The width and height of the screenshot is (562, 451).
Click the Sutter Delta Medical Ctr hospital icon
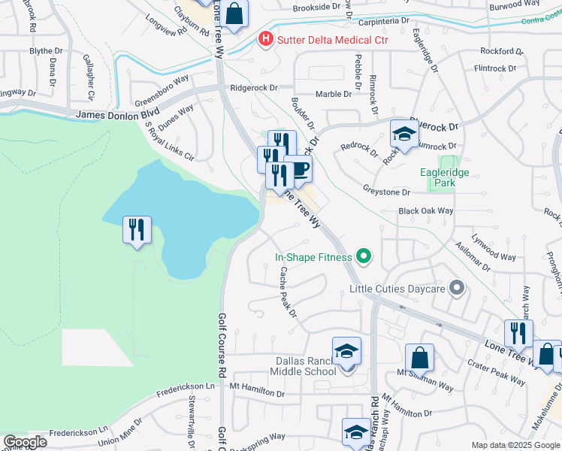pos(265,39)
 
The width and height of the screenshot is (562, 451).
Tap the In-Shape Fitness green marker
pos(364,258)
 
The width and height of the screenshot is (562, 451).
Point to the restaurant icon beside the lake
pos(137,229)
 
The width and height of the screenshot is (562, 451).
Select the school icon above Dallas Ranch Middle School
pos(346,350)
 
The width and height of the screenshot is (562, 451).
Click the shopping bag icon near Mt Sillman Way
pos(420,358)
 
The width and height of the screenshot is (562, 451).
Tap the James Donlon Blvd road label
pos(112,115)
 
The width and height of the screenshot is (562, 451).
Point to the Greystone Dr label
pos(385,192)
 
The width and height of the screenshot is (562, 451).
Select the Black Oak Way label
pos(426,212)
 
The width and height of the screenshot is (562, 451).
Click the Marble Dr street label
pos(334,94)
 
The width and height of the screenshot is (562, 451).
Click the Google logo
pos(25,442)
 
